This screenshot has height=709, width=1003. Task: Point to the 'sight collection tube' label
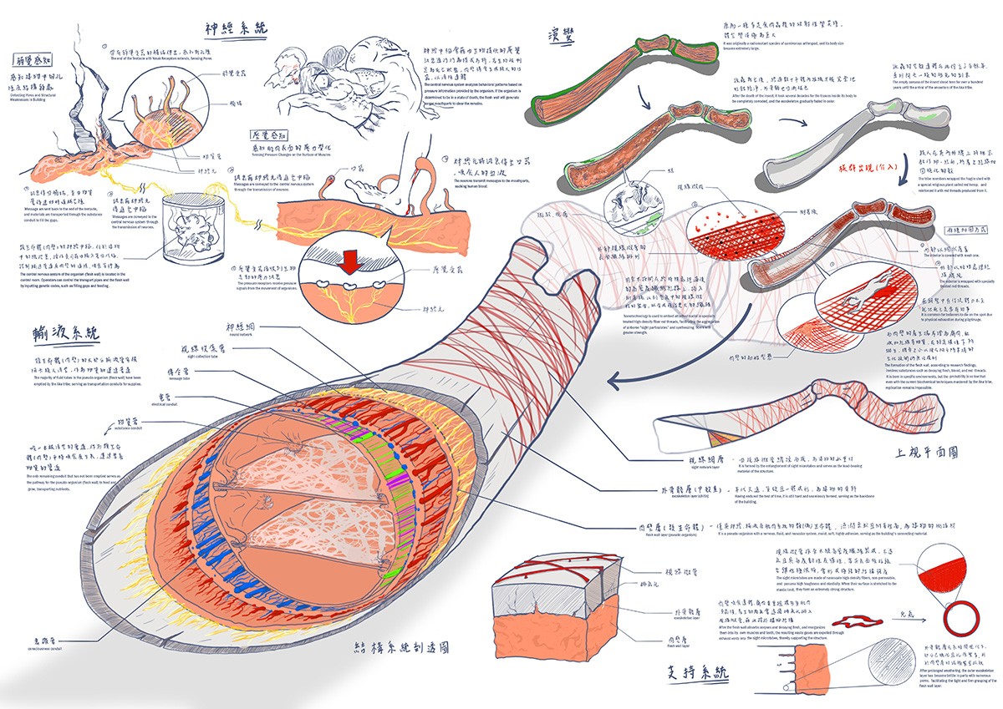tap(205, 349)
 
